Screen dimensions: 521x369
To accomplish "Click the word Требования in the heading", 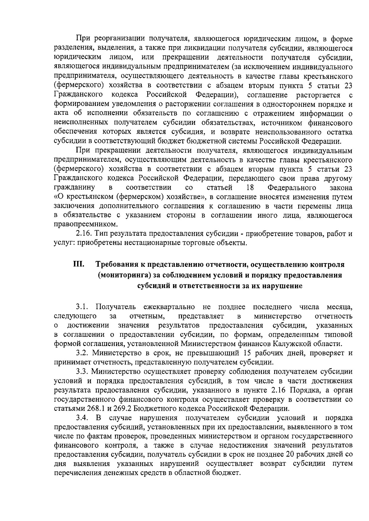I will coord(117,265).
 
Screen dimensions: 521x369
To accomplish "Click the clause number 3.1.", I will coord(82,307).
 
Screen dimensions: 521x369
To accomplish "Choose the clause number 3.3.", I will coord(82,371).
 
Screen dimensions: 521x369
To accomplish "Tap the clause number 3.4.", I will coord(82,418).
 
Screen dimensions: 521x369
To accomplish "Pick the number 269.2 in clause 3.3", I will coord(117,409).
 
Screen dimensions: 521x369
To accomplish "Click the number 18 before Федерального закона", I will coord(250,187).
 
